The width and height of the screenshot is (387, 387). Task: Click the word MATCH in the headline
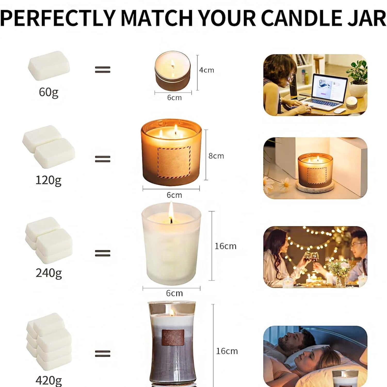pyautogui.click(x=156, y=18)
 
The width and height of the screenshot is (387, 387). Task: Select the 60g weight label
pyautogui.click(x=49, y=92)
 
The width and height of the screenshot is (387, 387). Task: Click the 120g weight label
pyautogui.click(x=49, y=180)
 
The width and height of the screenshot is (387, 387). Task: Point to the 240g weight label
pyautogui.click(x=49, y=273)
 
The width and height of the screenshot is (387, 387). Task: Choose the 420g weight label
pyautogui.click(x=49, y=380)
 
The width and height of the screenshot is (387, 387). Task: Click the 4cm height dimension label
pyautogui.click(x=206, y=70)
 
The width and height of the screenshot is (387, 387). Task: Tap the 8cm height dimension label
pyautogui.click(x=216, y=156)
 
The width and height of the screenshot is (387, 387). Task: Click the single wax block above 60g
pyautogui.click(x=49, y=66)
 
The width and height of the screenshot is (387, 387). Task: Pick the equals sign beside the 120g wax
pyautogui.click(x=103, y=159)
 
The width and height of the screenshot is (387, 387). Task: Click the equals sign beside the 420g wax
pyautogui.click(x=103, y=353)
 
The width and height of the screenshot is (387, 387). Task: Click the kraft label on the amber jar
pyautogui.click(x=174, y=162)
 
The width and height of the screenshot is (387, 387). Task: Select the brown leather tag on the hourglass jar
pyautogui.click(x=173, y=337)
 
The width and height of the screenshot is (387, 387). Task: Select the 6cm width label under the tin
pyautogui.click(x=174, y=98)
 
